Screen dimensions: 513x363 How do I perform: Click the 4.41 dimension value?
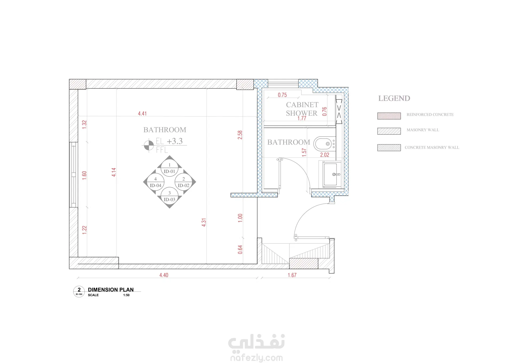142,114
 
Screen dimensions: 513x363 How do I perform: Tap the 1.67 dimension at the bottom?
292,275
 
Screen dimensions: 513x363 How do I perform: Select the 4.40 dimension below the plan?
164,275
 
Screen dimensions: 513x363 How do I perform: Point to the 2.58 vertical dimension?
240,135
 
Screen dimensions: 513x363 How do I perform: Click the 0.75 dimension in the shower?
282,95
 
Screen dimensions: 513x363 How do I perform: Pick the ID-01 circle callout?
169,168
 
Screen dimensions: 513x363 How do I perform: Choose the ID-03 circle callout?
169,196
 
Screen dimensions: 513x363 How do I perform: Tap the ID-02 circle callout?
184,182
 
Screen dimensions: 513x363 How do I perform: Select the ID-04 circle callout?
156,182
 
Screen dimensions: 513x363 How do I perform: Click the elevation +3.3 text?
175,141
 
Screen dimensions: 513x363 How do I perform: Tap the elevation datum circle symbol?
149,145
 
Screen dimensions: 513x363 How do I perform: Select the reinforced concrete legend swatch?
389,116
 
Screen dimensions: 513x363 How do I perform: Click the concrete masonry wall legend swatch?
389,148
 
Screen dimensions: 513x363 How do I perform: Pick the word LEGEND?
394,98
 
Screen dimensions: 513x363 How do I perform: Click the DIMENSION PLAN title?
111,289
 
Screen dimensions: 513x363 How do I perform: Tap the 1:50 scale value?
126,295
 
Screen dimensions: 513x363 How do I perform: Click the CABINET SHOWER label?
302,109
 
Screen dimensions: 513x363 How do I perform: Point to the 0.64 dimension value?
240,249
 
